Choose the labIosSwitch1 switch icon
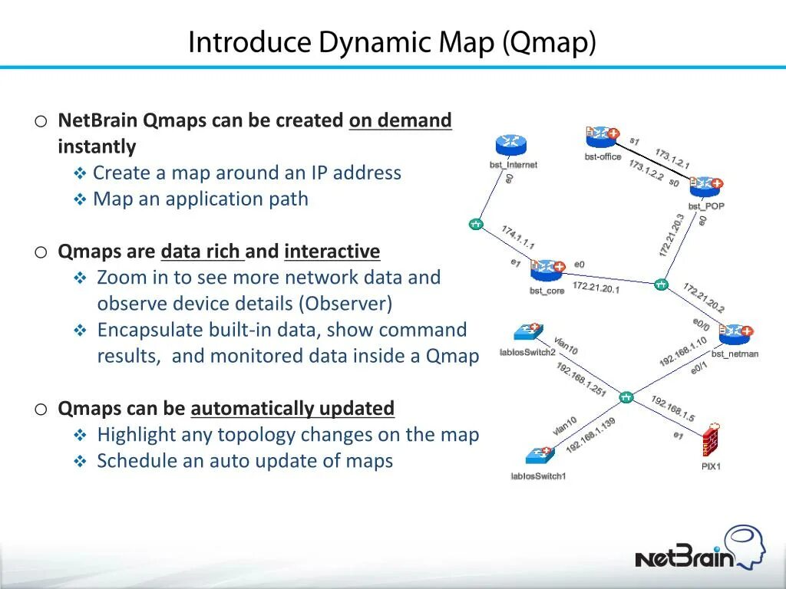[x=540, y=456]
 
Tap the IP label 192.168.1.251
[x=581, y=379]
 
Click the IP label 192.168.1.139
[x=590, y=436]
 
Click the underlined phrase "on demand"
[x=400, y=121]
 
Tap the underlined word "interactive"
[x=332, y=252]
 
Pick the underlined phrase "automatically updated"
[x=292, y=409]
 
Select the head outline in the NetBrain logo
[x=745, y=545]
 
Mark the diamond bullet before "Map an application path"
[x=81, y=200]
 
